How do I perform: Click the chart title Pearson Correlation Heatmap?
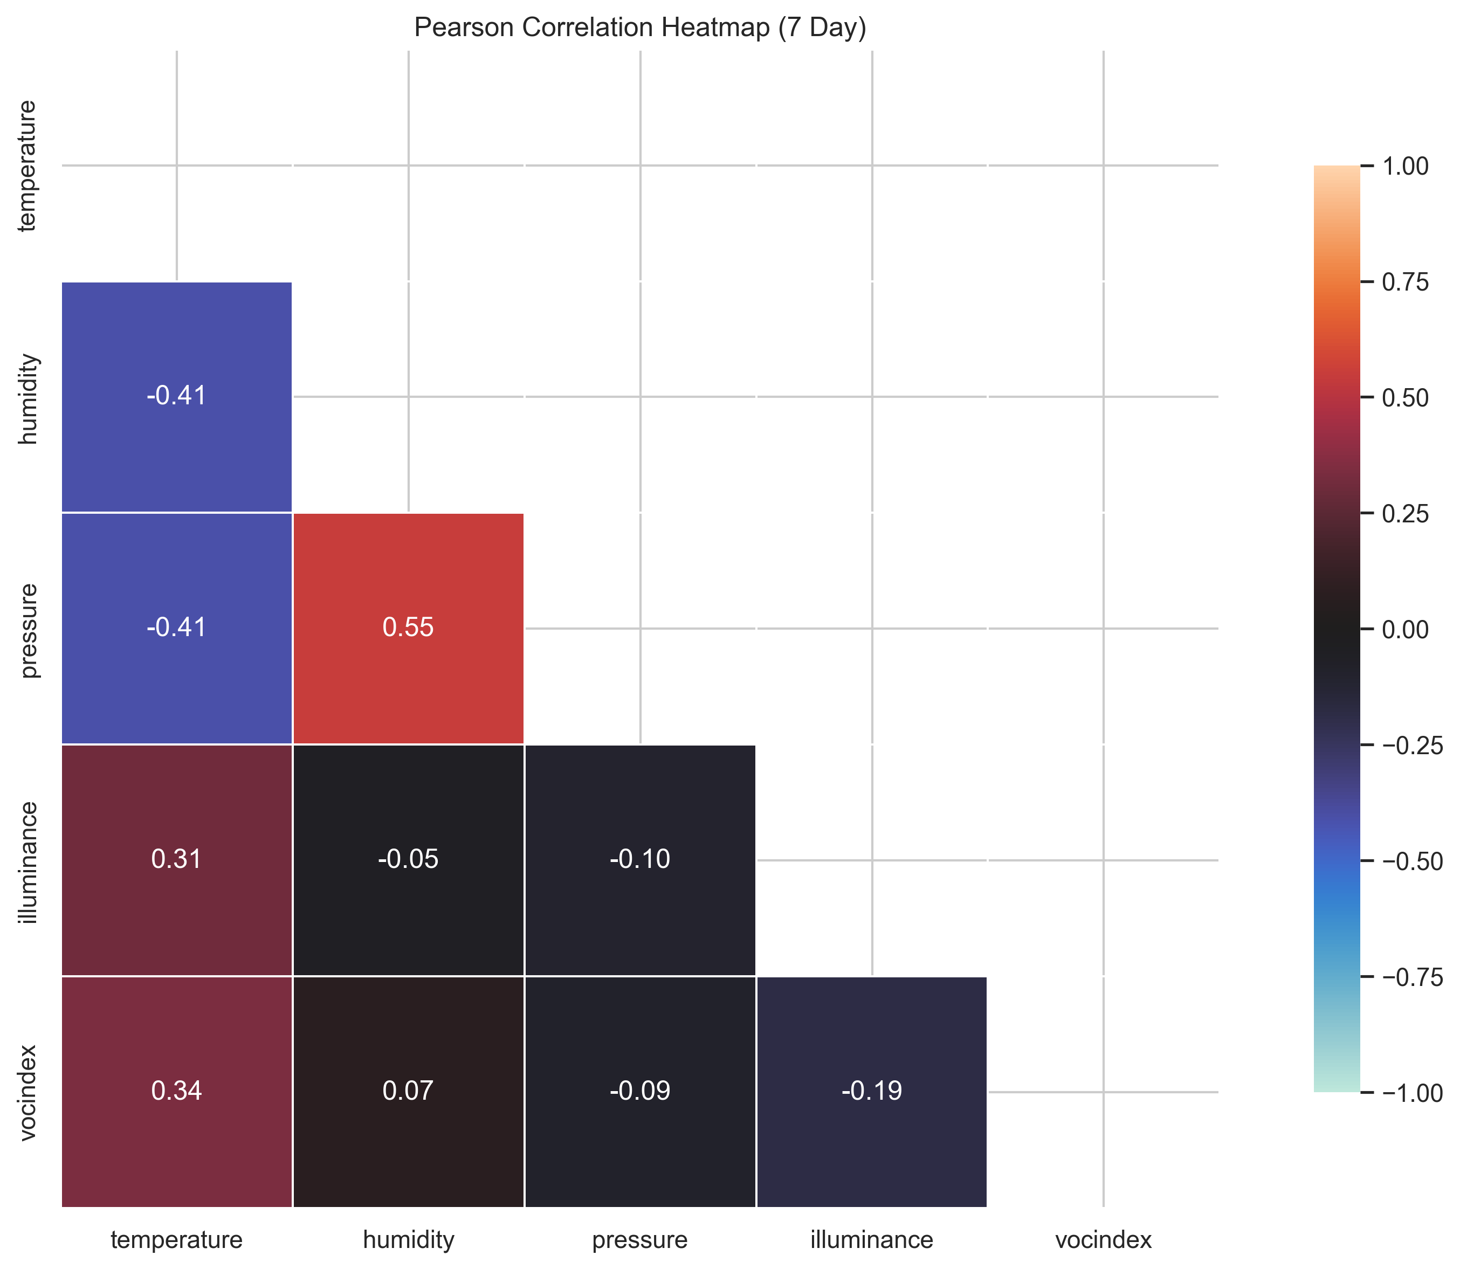[x=639, y=27]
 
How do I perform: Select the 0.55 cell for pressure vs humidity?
[x=408, y=628]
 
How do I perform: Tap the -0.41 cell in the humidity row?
[x=176, y=396]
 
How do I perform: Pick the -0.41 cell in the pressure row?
[x=176, y=628]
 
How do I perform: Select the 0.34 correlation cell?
[x=176, y=1091]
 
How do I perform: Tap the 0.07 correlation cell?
[x=408, y=1091]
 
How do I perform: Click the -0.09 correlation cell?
[x=639, y=1091]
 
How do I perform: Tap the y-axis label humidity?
[x=29, y=399]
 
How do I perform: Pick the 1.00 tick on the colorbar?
[x=1405, y=167]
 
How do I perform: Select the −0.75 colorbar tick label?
[x=1412, y=977]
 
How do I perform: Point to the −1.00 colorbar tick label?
[x=1412, y=1093]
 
